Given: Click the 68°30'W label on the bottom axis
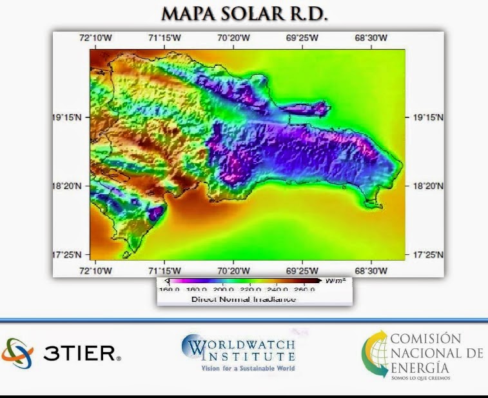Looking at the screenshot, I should pos(371,270).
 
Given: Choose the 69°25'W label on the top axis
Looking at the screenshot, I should pos(302,38).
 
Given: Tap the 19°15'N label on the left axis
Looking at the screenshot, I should pos(66,118).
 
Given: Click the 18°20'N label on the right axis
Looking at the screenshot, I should pos(429,186).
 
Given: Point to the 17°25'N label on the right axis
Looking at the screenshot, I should pos(429,254).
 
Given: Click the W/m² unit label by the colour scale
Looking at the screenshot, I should pos(335,281).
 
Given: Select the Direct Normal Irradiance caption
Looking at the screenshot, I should pos(244,299).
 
